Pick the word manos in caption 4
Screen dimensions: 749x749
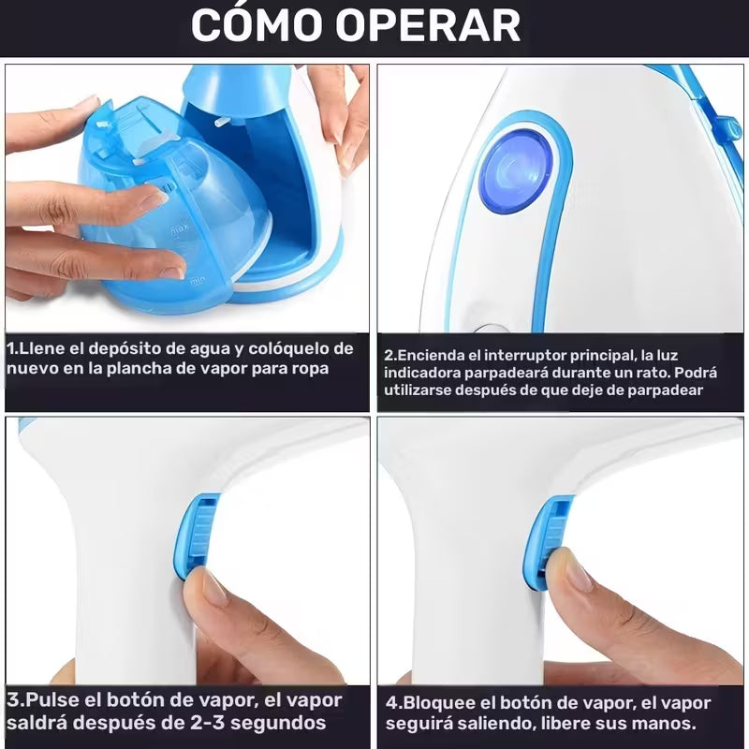[x=668, y=725]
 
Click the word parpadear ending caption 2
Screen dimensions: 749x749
[x=666, y=390]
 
